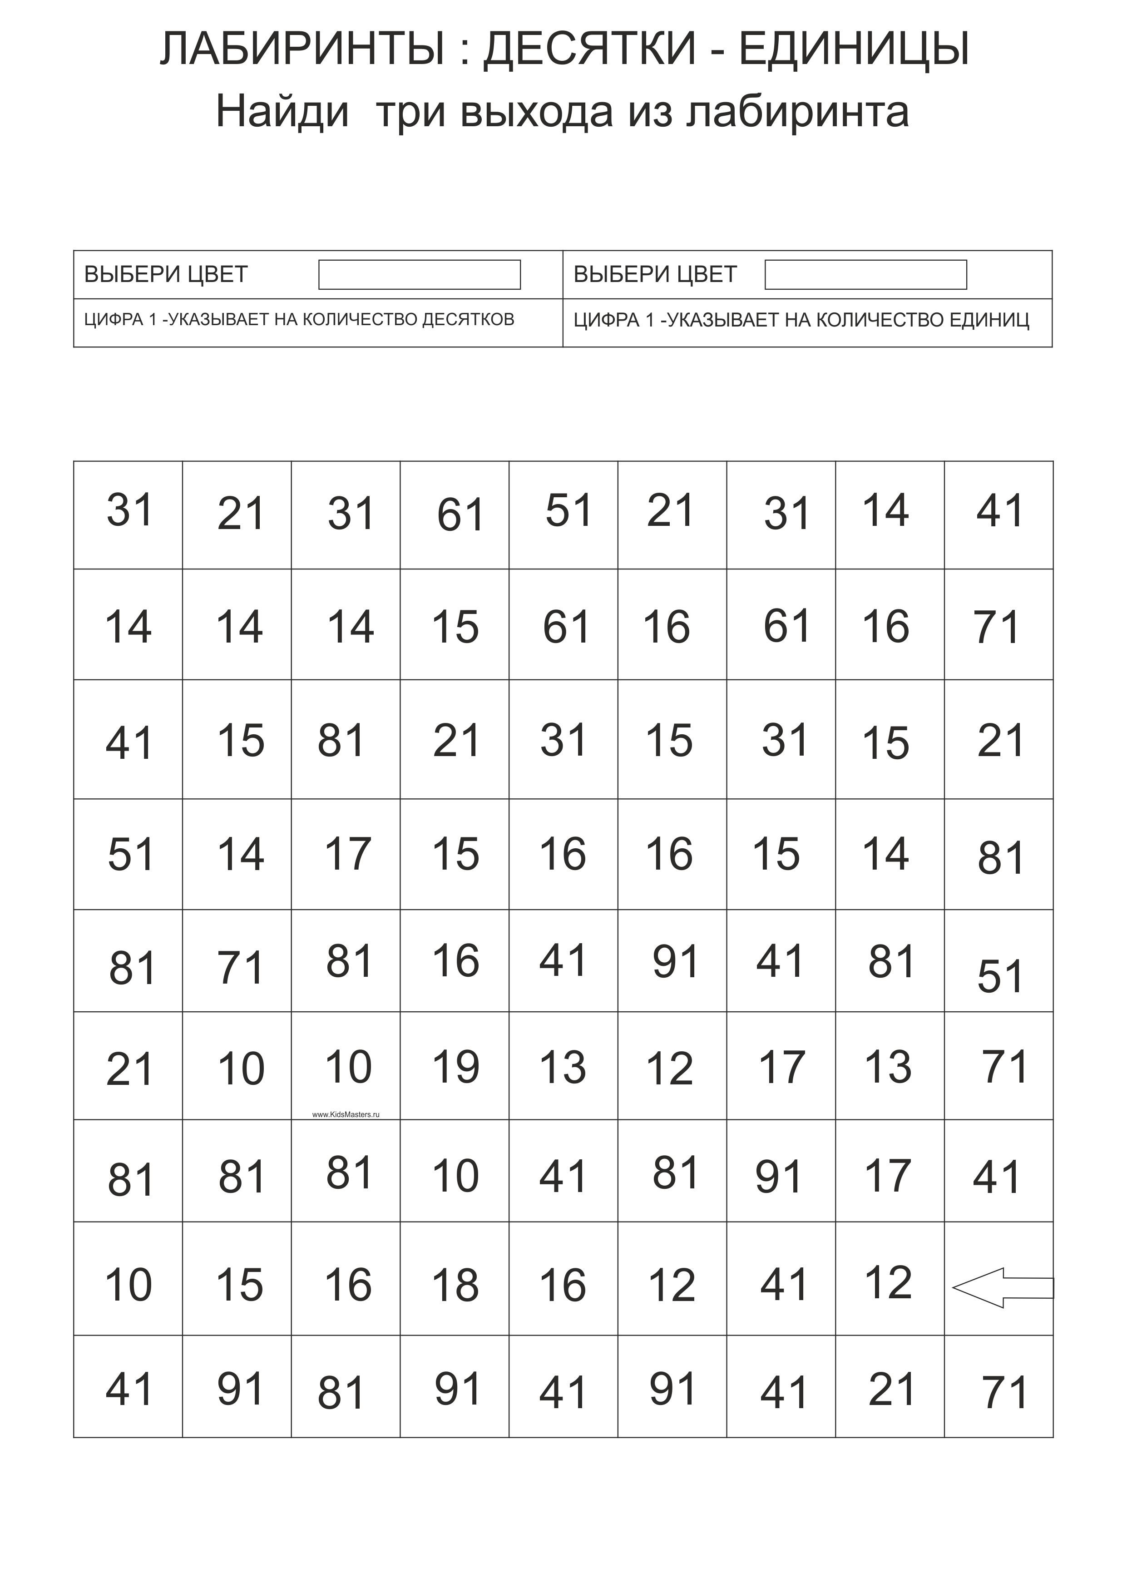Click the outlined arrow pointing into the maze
[1002, 1288]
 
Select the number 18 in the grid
[455, 1285]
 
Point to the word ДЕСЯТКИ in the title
[589, 50]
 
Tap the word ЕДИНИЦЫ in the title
[854, 50]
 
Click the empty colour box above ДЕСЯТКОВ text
[419, 275]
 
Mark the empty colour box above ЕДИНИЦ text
[865, 275]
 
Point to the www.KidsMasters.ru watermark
[346, 1115]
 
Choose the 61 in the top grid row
[460, 515]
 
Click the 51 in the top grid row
[568, 511]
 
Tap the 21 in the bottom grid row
[891, 1390]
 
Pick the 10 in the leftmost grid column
[129, 1285]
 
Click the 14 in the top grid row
[885, 511]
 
